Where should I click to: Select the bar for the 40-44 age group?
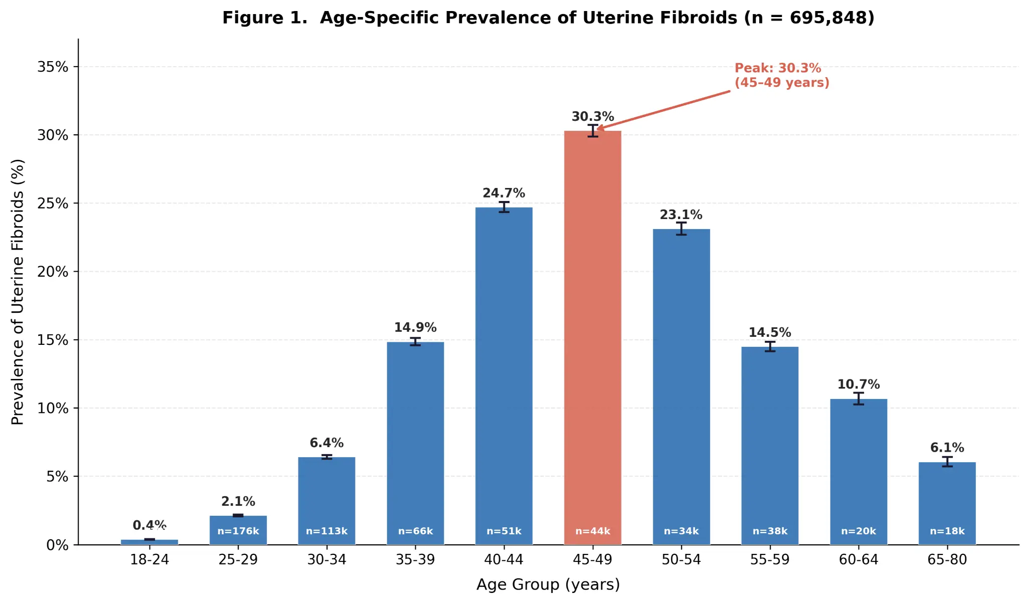(503, 376)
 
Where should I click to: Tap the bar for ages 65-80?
(947, 501)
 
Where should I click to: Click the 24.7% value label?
(503, 193)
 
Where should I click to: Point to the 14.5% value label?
(769, 332)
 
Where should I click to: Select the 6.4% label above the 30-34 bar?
(326, 443)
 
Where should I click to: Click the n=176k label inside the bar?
(238, 531)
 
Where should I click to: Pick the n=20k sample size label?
(858, 531)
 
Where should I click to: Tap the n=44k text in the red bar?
(592, 531)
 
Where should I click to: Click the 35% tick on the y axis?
(53, 67)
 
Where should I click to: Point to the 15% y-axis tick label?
(53, 340)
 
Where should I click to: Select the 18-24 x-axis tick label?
(149, 559)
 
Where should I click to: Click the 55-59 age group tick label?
(769, 559)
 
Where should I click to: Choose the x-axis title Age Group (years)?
(548, 584)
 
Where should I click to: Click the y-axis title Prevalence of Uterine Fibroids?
(18, 292)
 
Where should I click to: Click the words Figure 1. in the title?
(264, 18)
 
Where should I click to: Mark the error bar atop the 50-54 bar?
(681, 229)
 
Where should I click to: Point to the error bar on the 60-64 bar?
(858, 398)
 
